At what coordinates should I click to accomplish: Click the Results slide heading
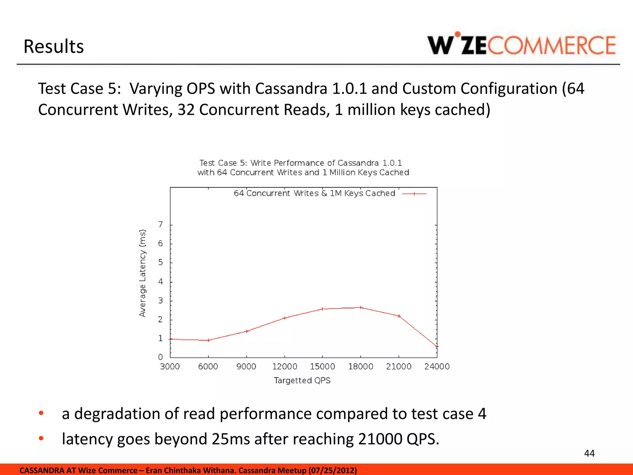pos(53,46)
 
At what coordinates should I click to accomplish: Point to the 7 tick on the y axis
pos(160,225)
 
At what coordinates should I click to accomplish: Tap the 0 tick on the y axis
pos(160,357)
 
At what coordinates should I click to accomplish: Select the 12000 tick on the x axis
pos(285,366)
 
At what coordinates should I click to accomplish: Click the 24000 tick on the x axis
pos(437,366)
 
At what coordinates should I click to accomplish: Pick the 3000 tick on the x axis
pos(170,366)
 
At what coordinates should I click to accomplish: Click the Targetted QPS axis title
pos(302,380)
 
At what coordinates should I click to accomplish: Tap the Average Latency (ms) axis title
pos(142,273)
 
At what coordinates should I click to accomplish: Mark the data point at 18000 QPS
pos(361,307)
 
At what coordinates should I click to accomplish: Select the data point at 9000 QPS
pos(247,331)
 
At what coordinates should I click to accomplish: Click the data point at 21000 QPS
pos(399,316)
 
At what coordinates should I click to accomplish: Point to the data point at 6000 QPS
pos(208,340)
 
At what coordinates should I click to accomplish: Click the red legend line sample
pos(414,194)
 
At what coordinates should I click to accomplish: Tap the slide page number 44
pos(589,453)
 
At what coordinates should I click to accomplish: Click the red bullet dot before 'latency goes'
pos(41,438)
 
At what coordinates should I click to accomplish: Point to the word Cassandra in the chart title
pos(358,163)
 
